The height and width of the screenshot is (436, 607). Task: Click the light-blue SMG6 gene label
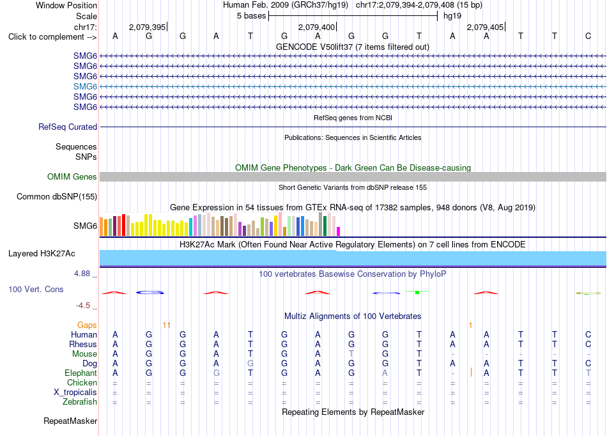click(x=85, y=86)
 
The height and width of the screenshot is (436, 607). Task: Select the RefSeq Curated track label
click(x=68, y=127)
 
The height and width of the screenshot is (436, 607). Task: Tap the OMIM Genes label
click(x=72, y=176)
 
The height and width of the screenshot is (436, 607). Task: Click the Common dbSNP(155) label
click(x=56, y=196)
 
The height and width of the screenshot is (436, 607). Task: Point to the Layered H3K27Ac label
click(x=42, y=254)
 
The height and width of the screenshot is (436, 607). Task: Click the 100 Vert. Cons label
click(x=36, y=289)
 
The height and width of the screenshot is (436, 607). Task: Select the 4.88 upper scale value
click(x=82, y=274)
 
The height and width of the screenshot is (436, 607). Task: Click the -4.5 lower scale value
click(x=83, y=306)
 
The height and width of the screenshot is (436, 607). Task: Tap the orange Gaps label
click(x=87, y=325)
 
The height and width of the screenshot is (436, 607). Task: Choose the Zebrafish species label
click(x=80, y=401)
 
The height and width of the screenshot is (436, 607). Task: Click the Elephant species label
click(x=81, y=373)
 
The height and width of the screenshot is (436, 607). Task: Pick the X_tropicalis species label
click(x=75, y=393)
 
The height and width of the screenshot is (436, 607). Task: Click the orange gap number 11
click(x=167, y=325)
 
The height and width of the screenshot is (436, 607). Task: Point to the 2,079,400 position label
click(x=316, y=27)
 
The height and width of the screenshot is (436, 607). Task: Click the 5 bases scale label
click(x=252, y=16)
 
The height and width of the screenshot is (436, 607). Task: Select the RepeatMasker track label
click(x=70, y=421)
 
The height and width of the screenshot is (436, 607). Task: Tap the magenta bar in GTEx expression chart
click(x=339, y=231)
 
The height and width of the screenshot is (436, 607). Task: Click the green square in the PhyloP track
click(x=417, y=292)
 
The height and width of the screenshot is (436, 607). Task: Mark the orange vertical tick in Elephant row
click(x=471, y=373)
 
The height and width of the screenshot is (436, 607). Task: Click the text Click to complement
click(x=46, y=37)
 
